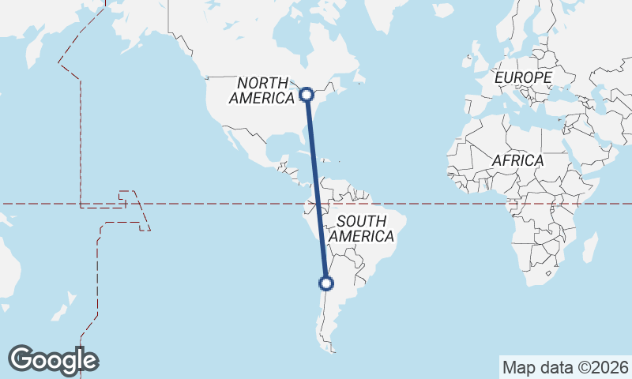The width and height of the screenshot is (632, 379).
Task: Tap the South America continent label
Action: tap(361, 229)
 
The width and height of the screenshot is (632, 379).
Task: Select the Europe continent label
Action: tap(522, 77)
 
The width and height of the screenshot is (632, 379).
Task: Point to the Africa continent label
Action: tap(517, 160)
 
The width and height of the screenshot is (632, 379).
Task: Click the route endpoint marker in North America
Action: tap(307, 95)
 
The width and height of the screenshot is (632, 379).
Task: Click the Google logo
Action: tap(53, 360)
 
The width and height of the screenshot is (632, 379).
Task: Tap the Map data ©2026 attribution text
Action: tap(565, 367)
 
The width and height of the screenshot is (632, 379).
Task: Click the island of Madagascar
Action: tap(589, 248)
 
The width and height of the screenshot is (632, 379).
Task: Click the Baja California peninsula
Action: tap(231, 139)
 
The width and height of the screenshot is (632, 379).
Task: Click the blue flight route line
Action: tap(317, 189)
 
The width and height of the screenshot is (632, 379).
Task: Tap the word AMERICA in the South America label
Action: tap(361, 237)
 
